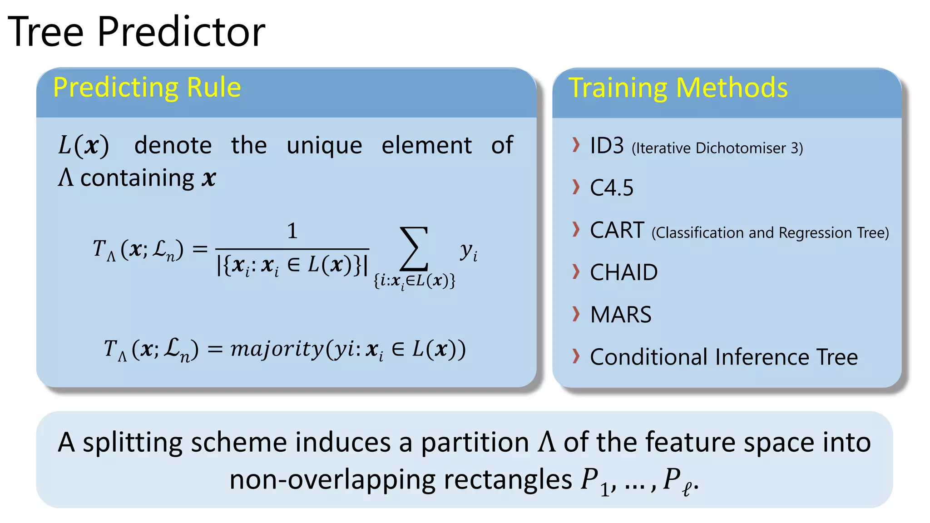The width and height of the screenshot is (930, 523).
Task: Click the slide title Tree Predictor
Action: [x=136, y=32]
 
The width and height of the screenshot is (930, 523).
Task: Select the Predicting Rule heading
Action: [x=147, y=87]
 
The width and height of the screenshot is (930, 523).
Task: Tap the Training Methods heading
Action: [x=678, y=88]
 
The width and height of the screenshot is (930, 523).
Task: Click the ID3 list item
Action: [x=607, y=146]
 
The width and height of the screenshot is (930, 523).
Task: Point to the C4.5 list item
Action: [x=611, y=188]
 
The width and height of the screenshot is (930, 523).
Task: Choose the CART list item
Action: [x=617, y=230]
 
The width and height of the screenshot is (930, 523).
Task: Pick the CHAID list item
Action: [x=623, y=272]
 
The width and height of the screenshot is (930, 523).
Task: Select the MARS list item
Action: [x=620, y=315]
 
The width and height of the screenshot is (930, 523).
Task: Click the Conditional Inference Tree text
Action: [x=724, y=357]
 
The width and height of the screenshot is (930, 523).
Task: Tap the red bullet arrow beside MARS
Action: [x=576, y=314]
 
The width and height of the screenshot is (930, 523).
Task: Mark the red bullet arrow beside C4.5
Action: [x=576, y=187]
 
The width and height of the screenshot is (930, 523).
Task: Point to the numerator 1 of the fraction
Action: [x=292, y=231]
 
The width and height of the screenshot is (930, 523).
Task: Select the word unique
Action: [x=324, y=146]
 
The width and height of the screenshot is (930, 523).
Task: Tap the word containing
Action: [x=138, y=178]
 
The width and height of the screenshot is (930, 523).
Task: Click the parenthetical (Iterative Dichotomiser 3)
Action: [x=717, y=148]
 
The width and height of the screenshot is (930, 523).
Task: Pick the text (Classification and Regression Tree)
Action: [x=770, y=232]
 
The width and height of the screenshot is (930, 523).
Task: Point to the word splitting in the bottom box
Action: [x=133, y=443]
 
